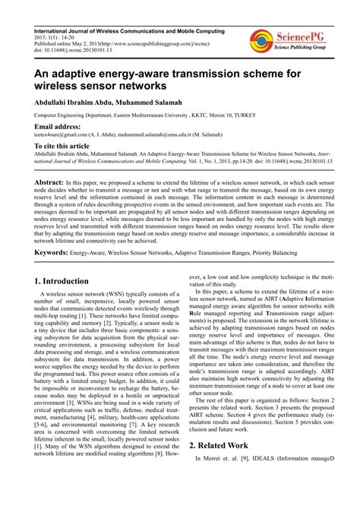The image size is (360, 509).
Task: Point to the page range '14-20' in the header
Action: [69, 39]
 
